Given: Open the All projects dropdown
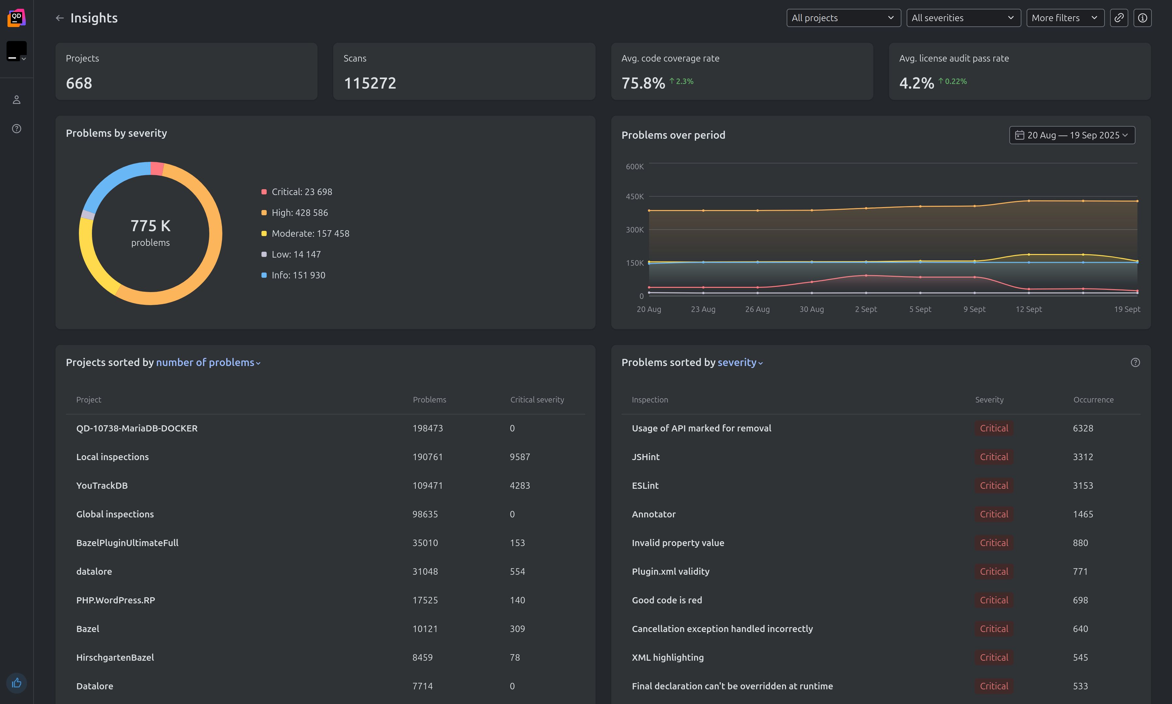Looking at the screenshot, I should (843, 18).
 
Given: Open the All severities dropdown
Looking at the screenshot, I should (963, 18).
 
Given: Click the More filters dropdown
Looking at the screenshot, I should (1065, 18).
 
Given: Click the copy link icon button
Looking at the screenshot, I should (1119, 18).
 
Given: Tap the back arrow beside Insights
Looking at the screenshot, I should (59, 18).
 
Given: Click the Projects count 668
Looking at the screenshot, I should (79, 83).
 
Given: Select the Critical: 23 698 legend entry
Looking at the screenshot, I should (301, 192).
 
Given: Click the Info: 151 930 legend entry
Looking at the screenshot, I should (298, 275).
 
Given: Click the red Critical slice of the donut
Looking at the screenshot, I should (157, 168).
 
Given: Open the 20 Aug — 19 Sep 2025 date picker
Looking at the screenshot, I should (1072, 135).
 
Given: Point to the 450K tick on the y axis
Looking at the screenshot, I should (634, 196).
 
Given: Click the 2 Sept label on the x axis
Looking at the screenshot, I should (866, 309).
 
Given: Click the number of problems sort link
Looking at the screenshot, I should (208, 362).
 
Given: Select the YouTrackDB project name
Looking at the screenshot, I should (102, 485).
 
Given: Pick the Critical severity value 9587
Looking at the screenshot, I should (520, 457).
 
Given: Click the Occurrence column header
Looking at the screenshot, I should (1093, 400).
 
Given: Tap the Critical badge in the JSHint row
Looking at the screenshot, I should (993, 457).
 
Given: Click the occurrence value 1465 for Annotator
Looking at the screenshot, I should (1083, 514).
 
